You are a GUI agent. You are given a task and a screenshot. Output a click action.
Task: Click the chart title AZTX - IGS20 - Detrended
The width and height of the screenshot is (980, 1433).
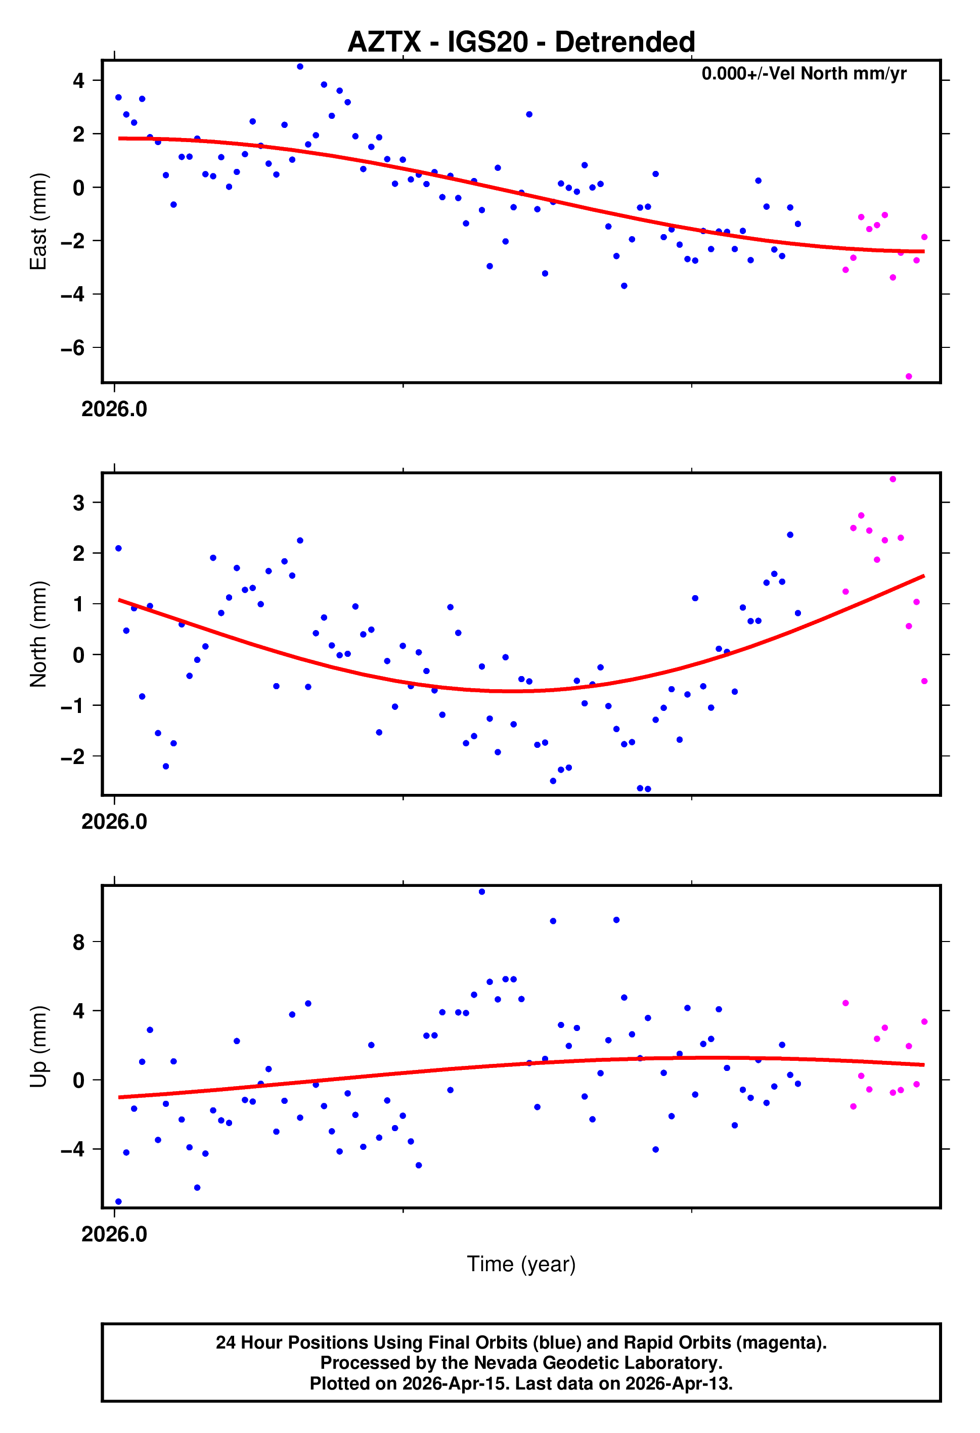[521, 42]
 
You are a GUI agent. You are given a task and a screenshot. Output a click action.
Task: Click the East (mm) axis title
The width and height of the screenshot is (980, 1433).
[38, 221]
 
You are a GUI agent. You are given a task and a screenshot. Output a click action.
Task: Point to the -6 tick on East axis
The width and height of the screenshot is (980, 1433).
[73, 348]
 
